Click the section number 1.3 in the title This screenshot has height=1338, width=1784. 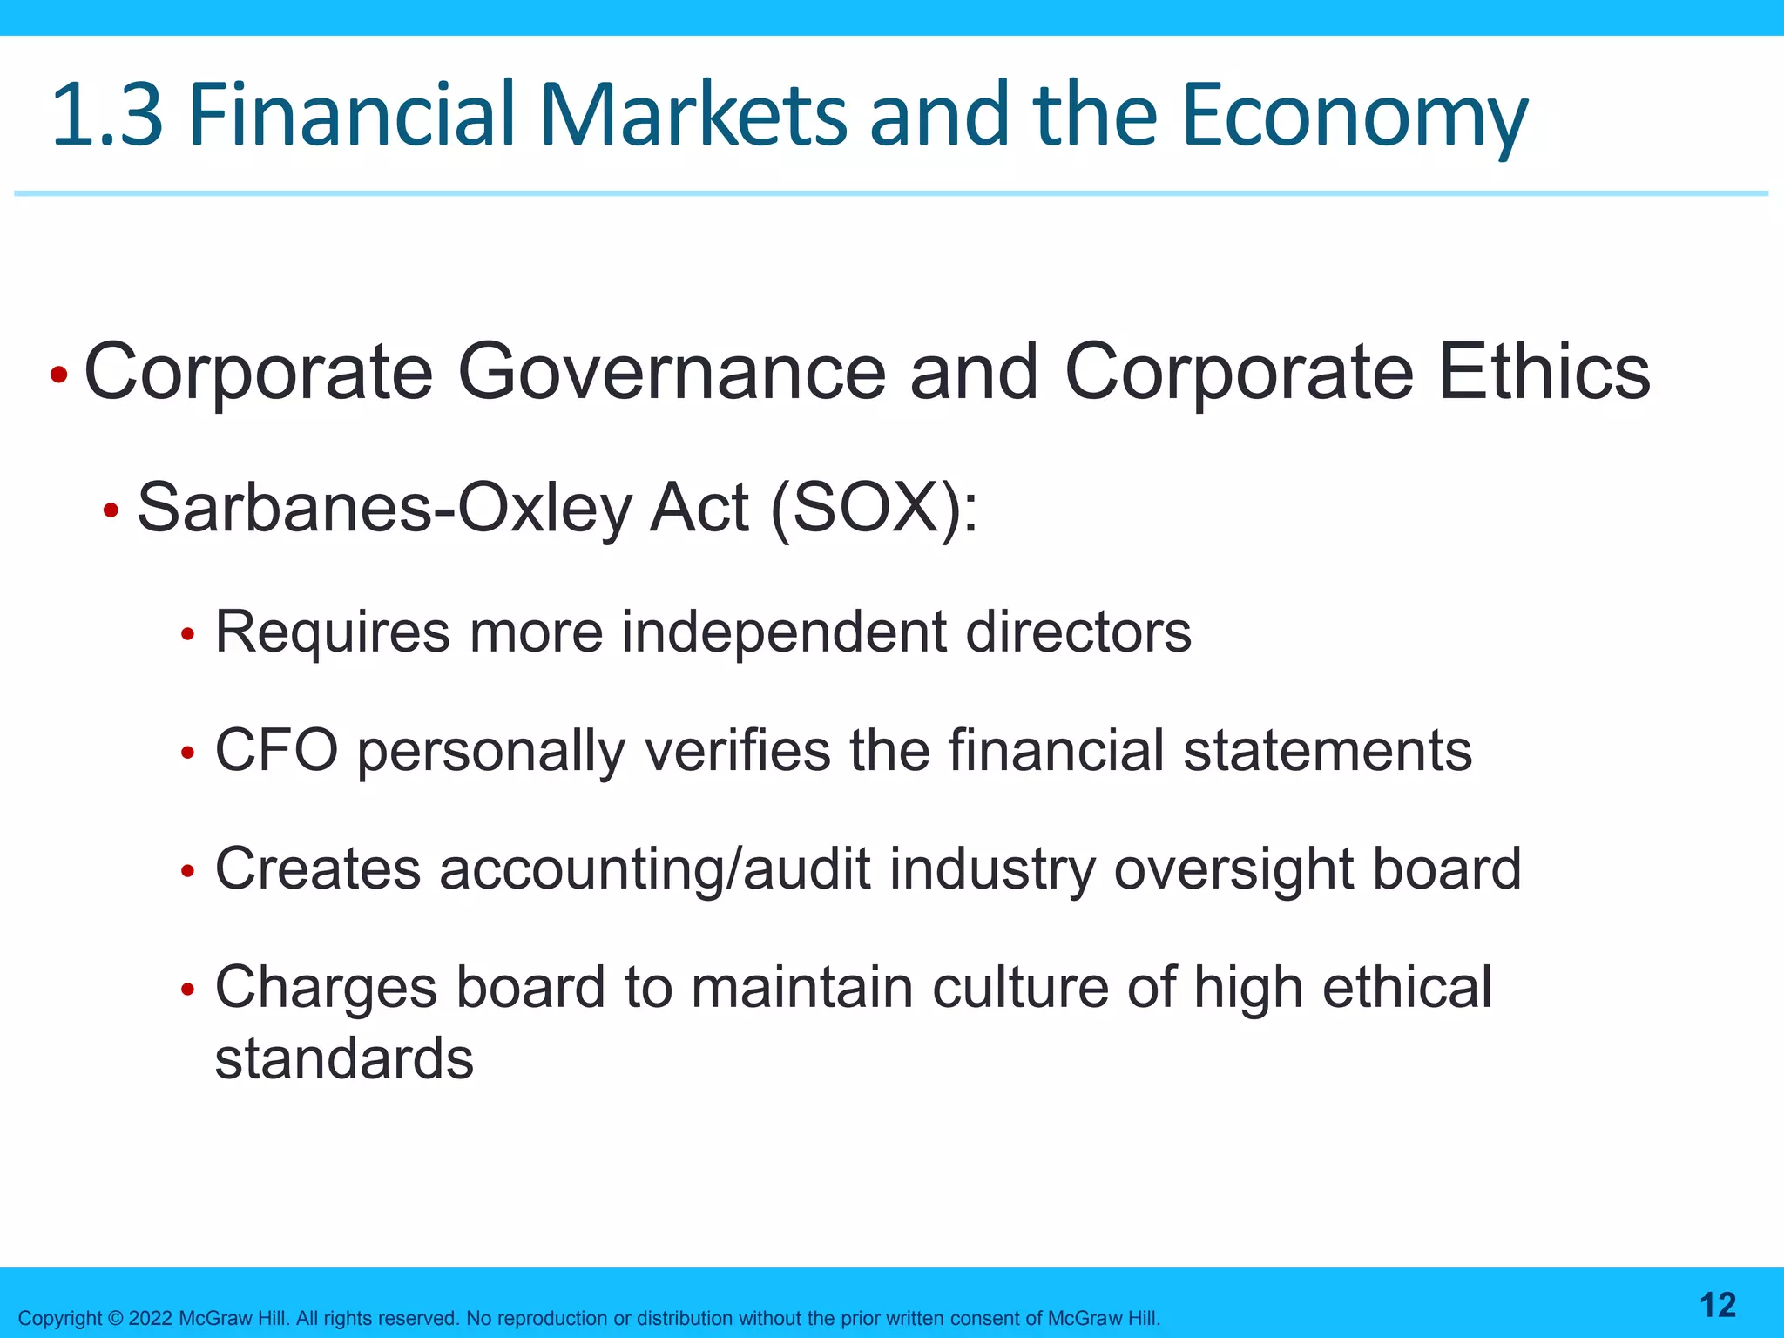click(107, 114)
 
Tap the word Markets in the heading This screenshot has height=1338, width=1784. click(693, 114)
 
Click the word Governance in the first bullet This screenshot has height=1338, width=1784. click(671, 372)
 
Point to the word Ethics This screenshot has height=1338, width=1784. click(1544, 372)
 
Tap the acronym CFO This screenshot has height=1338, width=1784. click(276, 750)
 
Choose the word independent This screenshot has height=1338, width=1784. click(783, 632)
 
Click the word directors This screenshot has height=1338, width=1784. click(1078, 632)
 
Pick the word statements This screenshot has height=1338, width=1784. click(1327, 750)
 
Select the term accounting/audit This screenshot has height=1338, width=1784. click(654, 870)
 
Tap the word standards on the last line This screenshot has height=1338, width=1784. click(344, 1059)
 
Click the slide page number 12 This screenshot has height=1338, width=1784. click(1717, 1305)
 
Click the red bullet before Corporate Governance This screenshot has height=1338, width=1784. click(58, 375)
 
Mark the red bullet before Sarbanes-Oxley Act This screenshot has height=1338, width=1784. click(111, 511)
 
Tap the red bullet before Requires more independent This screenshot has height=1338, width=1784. click(186, 635)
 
